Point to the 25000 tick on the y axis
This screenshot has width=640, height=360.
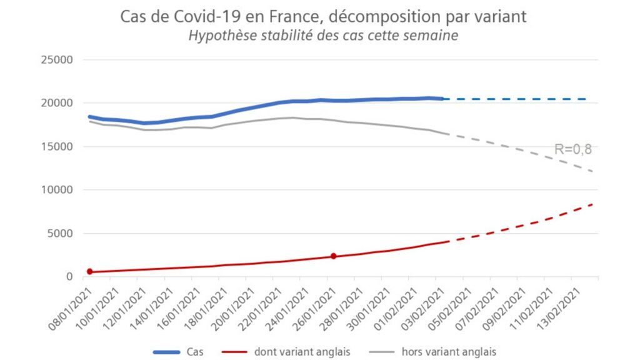[57, 59]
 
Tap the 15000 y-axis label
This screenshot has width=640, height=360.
[57, 146]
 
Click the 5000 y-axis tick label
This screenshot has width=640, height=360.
[60, 234]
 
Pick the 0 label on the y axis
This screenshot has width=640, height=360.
[69, 277]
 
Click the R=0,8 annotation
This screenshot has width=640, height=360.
[572, 149]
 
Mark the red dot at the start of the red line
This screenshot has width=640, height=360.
[90, 271]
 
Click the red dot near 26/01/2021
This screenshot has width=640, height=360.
[334, 256]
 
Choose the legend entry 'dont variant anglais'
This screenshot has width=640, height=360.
[302, 351]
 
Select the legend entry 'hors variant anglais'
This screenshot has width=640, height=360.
[449, 351]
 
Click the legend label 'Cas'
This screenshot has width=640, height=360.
[195, 351]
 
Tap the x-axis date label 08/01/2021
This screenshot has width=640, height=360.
[69, 309]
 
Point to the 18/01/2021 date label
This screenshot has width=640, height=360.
[205, 309]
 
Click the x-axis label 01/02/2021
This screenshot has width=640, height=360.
[395, 309]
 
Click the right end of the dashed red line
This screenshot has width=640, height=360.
[592, 204]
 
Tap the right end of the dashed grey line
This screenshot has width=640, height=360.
[592, 171]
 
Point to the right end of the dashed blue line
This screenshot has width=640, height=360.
[586, 99]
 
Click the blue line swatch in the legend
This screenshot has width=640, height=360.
[166, 352]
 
